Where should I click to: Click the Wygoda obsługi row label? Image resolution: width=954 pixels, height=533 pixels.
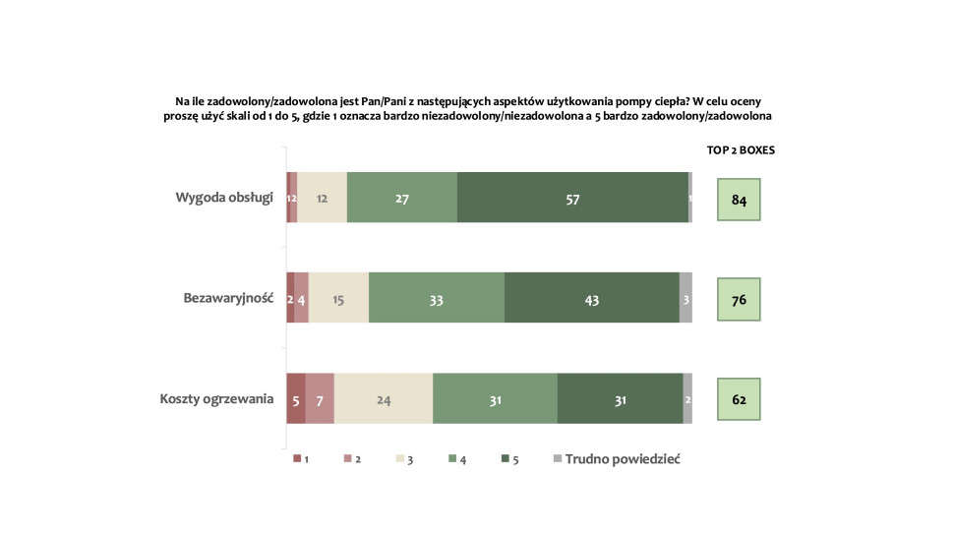click(x=223, y=197)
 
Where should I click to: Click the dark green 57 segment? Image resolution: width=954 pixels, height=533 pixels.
click(x=572, y=197)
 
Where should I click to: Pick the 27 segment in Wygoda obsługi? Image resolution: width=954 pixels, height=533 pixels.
click(x=402, y=197)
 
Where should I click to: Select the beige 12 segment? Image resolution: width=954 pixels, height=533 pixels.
click(x=322, y=197)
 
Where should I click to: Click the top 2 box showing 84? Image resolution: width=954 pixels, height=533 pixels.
click(x=739, y=200)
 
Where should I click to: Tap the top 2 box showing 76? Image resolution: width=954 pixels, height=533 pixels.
click(x=739, y=299)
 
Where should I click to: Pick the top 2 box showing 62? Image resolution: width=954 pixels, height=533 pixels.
click(x=739, y=400)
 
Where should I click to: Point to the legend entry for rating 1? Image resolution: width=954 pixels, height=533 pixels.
click(x=302, y=459)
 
